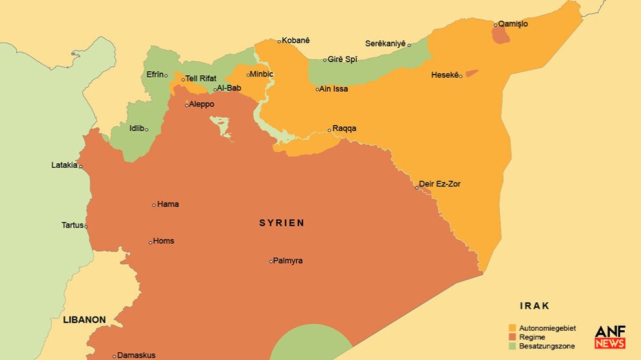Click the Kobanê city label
295,41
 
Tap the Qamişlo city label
513,24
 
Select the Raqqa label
344,128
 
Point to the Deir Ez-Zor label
440,184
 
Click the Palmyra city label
287,261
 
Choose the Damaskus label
136,355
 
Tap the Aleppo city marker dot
187,105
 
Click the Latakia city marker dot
81,166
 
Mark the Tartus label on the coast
73,225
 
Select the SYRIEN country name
282,223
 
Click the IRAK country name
534,306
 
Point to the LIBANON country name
84,320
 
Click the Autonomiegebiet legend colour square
513,328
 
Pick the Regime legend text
532,337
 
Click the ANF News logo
610,337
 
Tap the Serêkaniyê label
385,43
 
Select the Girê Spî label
343,60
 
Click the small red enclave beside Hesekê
471,73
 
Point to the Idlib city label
137,128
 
